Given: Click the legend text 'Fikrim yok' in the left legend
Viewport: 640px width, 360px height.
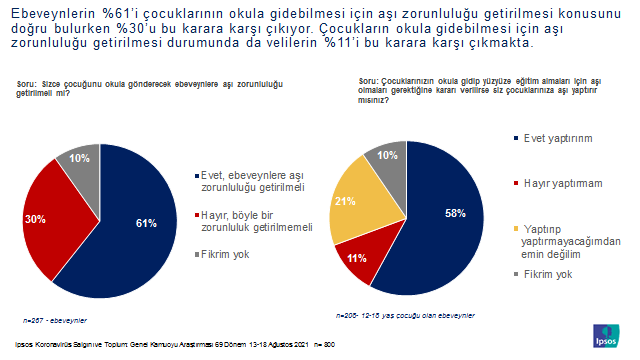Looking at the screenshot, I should point(225,255).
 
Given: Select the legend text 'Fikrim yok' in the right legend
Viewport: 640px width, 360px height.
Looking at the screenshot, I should point(550,274).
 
